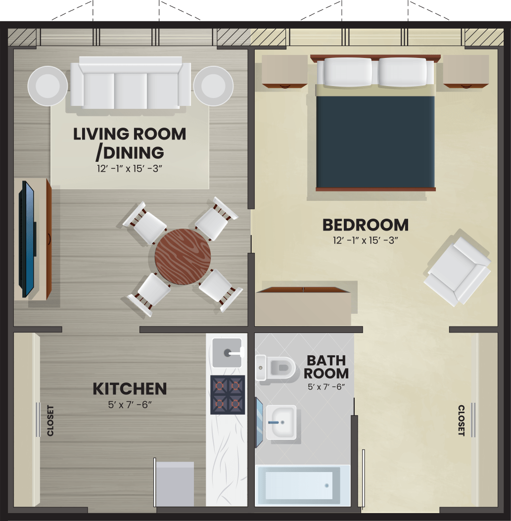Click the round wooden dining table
coord(183,256)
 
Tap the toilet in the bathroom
coord(276,368)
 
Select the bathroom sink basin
coord(281,423)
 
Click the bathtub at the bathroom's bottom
coord(303,485)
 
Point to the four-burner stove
coord(228,395)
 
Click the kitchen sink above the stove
coord(227,353)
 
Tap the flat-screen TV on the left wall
coord(27,238)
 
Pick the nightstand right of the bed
coord(466,71)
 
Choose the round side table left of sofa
coord(47,86)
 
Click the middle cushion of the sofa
coord(131,91)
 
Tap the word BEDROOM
coord(366,225)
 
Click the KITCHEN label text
coord(130,389)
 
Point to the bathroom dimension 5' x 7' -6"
coord(326,387)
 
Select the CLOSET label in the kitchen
coord(50,421)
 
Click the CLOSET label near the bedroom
coord(461,421)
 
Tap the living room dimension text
coord(130,169)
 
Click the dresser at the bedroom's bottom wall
coord(303,306)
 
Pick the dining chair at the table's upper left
coord(144,223)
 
